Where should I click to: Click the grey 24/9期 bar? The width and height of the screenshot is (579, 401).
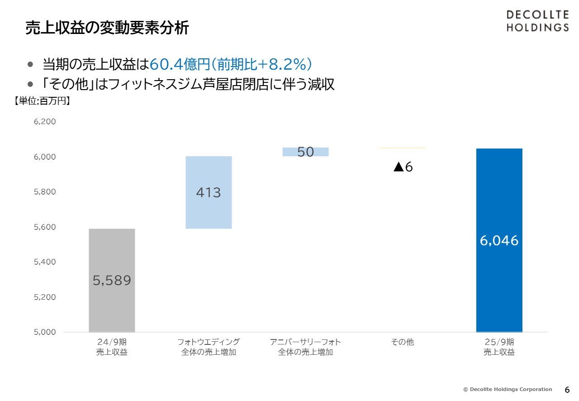tap(112, 253)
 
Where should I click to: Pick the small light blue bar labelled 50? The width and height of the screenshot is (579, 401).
tap(306, 152)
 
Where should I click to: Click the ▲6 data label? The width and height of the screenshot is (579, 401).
tap(403, 167)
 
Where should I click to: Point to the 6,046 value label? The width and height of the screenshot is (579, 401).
tap(499, 240)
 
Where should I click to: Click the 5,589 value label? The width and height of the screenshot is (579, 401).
tap(112, 281)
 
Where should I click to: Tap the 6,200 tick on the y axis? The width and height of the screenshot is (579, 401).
tap(45, 122)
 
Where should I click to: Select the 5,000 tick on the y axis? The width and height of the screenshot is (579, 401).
tap(45, 332)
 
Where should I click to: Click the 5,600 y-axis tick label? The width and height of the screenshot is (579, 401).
tap(45, 227)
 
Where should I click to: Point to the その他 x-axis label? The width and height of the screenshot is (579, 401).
tap(402, 342)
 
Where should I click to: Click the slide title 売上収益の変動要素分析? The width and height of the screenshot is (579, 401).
tap(107, 28)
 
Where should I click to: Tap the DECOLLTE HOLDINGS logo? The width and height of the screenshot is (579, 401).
tap(537, 21)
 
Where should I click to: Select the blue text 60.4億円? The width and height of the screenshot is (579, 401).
tap(178, 64)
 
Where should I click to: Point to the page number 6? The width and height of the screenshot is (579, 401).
tap(567, 390)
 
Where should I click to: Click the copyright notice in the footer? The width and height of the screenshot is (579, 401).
tap(507, 389)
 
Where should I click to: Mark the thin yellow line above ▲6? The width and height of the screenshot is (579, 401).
tap(402, 148)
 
